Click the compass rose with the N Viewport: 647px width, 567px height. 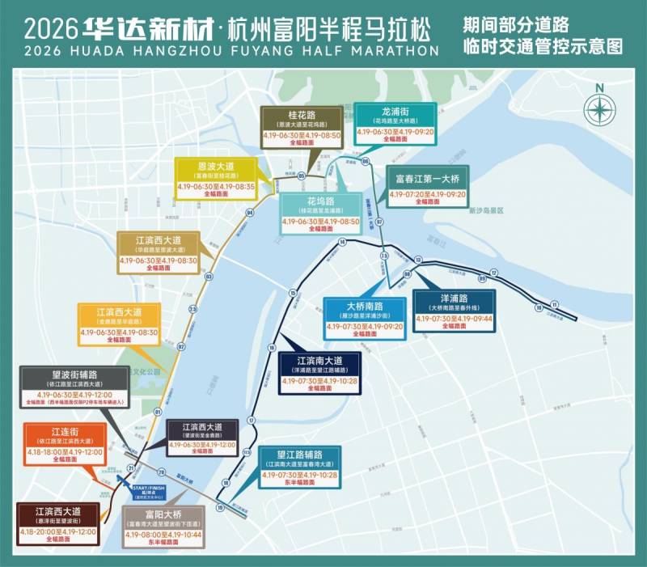tap(598, 106)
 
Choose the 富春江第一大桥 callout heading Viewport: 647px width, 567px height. tap(426, 178)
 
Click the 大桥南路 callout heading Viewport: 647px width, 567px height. tap(364, 307)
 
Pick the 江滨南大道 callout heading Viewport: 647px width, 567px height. tap(320, 361)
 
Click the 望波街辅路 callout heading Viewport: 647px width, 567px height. tap(74, 375)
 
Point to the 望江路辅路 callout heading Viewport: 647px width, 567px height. tap(300, 455)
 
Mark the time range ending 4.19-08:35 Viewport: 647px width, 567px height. tap(216, 186)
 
